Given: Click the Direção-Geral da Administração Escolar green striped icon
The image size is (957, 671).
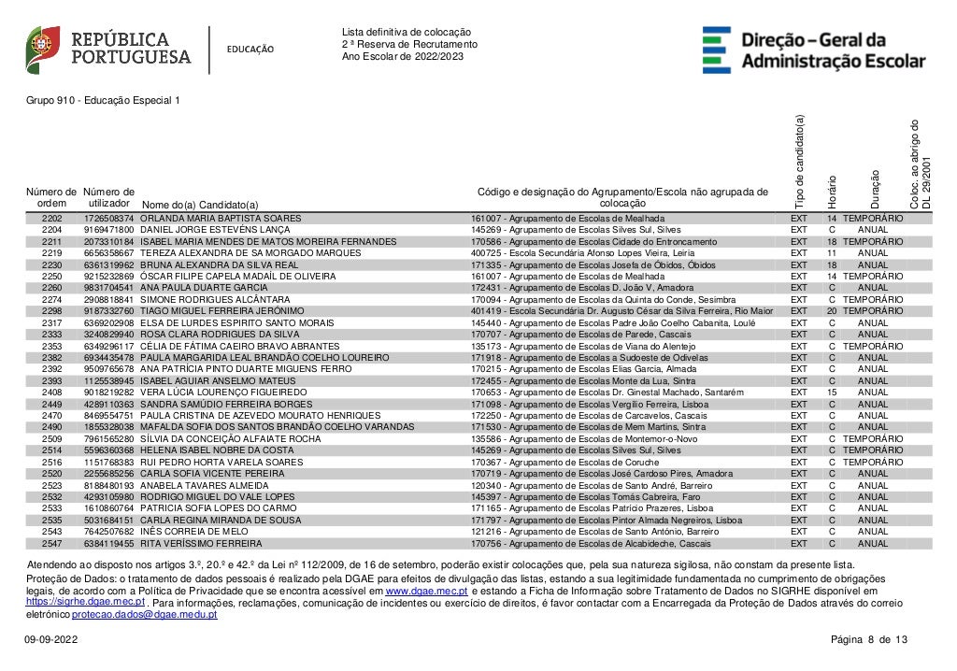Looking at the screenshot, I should click(x=717, y=50).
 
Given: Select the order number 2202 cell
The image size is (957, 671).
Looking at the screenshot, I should click(x=52, y=218).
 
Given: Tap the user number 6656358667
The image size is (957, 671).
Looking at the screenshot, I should click(x=109, y=252).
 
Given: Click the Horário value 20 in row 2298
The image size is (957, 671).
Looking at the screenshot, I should click(x=831, y=310).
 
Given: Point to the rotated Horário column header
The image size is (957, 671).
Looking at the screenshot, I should click(x=832, y=191).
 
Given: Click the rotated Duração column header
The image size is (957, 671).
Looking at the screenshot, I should click(x=876, y=188).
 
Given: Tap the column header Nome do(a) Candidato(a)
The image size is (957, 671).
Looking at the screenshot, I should click(x=199, y=204).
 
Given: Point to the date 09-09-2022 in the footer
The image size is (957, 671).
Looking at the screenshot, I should click(x=51, y=639).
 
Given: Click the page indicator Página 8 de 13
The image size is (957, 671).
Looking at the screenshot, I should click(x=868, y=639).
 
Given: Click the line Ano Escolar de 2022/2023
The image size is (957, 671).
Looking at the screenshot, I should click(x=402, y=56).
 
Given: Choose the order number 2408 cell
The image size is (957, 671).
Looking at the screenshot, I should click(x=52, y=392).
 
